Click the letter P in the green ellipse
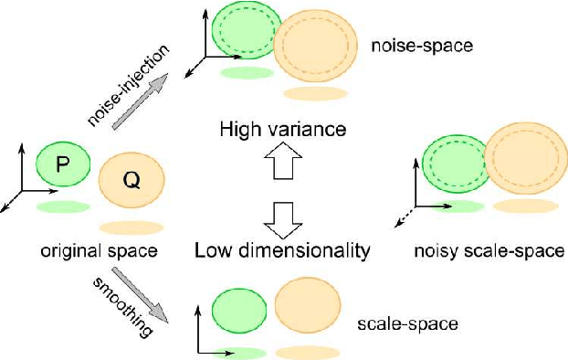(62, 165)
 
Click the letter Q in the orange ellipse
(131, 182)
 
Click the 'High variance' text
(282, 130)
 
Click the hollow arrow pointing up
(282, 168)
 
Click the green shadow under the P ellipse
(64, 207)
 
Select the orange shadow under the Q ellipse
(131, 228)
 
